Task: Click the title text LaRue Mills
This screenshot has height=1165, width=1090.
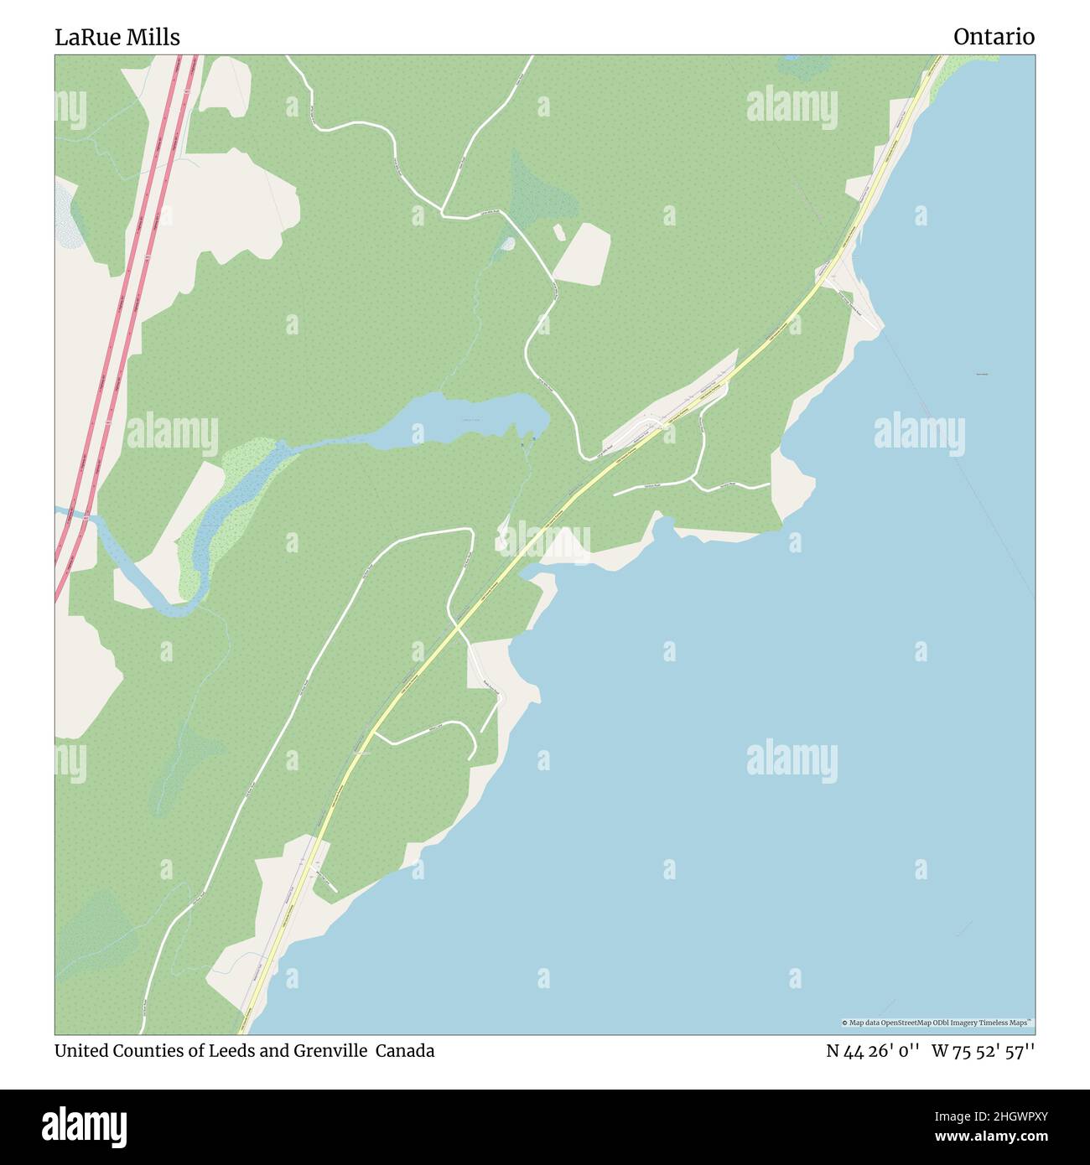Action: (117, 37)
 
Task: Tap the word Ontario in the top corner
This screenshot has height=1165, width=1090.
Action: (994, 37)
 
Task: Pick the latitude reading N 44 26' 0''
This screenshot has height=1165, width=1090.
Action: (873, 1052)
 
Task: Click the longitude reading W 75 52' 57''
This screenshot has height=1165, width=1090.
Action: (983, 1052)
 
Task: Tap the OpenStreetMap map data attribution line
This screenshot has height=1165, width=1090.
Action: (937, 1023)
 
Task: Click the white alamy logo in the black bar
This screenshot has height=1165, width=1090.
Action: (84, 1126)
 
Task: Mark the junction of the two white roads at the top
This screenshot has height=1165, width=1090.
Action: (442, 215)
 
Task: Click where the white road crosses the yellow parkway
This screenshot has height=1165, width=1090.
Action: (457, 625)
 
